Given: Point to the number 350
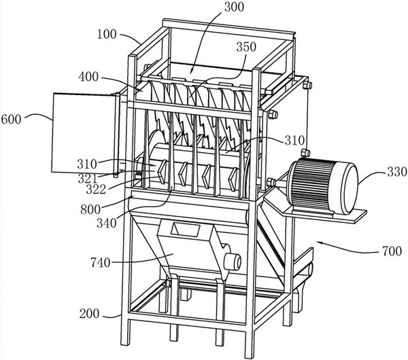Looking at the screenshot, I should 245,47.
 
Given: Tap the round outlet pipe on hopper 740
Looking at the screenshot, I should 234,261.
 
